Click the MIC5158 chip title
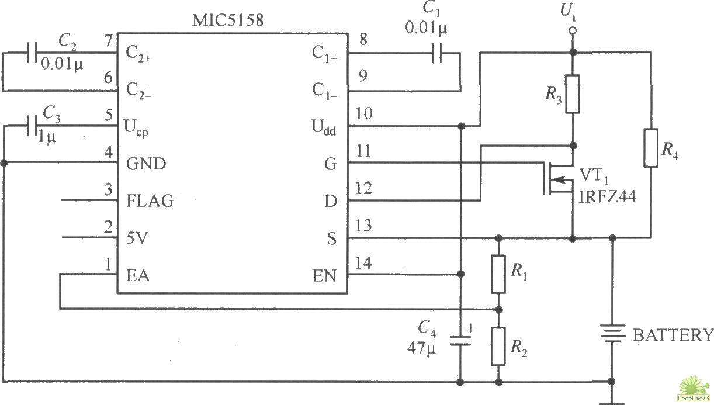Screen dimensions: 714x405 pyautogui.click(x=228, y=20)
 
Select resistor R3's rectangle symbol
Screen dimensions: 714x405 pyautogui.click(x=573, y=94)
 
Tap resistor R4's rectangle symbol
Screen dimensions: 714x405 pyautogui.click(x=650, y=148)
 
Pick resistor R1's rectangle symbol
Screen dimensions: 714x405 pyautogui.click(x=498, y=274)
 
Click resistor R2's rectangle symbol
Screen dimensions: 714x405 pyautogui.click(x=498, y=347)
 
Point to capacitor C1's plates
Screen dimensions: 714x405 pyautogui.click(x=437, y=53)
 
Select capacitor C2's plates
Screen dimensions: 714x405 pyautogui.click(x=32, y=53)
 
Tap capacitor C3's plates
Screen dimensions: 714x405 pyautogui.click(x=32, y=126)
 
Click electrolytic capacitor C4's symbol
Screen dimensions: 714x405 pyautogui.click(x=460, y=340)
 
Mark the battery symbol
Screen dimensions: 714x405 pyautogui.click(x=611, y=333)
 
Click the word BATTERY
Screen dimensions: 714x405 pyautogui.click(x=673, y=335)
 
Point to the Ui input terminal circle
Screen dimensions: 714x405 pyautogui.click(x=573, y=30)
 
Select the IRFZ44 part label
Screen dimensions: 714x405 pyautogui.click(x=607, y=197)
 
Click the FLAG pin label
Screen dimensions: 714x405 pyautogui.click(x=150, y=201)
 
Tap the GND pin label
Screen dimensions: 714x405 pyautogui.click(x=146, y=164)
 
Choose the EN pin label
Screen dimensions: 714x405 pyautogui.click(x=324, y=276)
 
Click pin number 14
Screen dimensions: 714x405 pyautogui.click(x=363, y=264)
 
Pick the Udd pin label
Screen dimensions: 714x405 pyautogui.click(x=324, y=127)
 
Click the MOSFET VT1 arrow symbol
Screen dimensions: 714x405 pyautogui.click(x=559, y=179)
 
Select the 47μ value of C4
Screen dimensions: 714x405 pyautogui.click(x=421, y=348)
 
